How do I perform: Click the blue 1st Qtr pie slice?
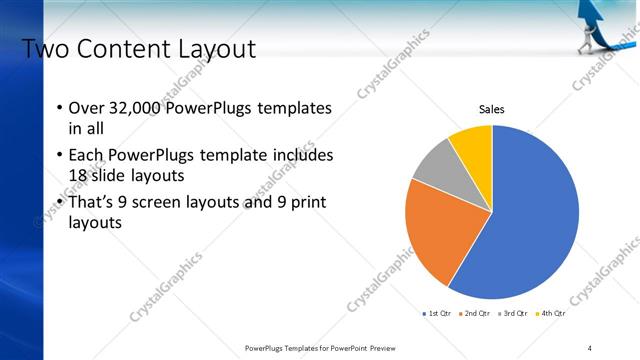pos(530,220)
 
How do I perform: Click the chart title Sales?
pos(491,109)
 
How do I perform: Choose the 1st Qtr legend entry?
pos(438,313)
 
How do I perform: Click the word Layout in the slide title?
pos(216,49)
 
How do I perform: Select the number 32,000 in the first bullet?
pos(132,108)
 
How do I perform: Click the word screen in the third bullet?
pos(163,203)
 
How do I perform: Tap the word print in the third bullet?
pos(305,203)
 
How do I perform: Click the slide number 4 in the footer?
pos(590,347)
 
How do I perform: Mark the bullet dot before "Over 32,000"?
pos(59,108)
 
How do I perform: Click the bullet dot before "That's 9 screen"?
pos(59,203)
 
